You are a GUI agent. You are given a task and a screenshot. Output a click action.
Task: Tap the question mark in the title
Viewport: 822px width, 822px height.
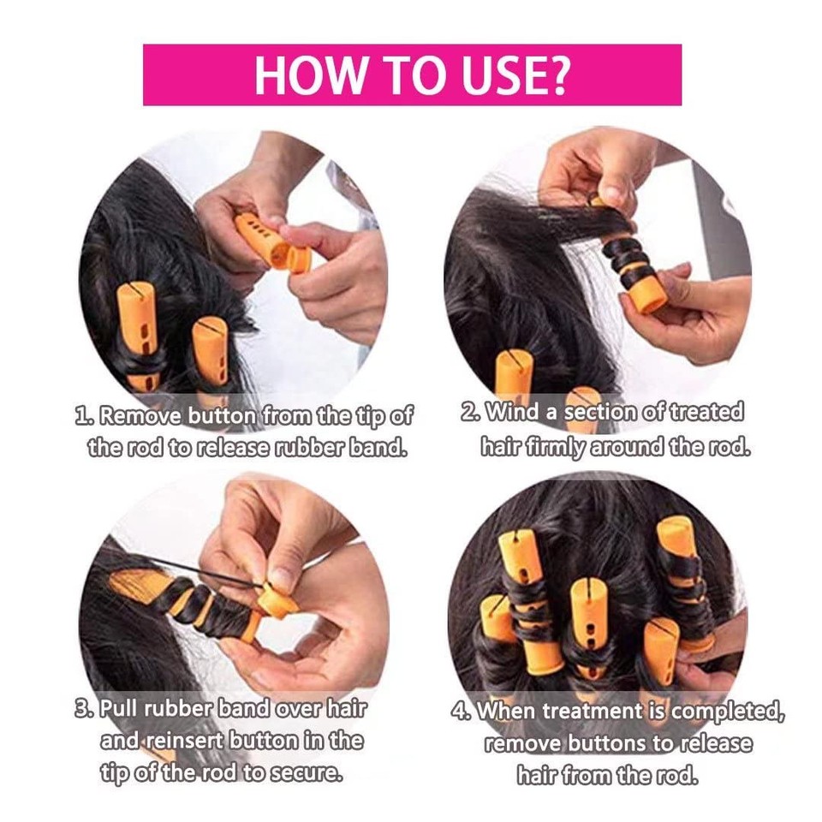pyautogui.click(x=555, y=75)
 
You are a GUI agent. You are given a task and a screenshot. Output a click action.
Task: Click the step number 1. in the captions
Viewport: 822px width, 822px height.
pyautogui.click(x=84, y=417)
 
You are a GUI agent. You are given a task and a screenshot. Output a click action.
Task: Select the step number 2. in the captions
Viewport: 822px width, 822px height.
pyautogui.click(x=470, y=412)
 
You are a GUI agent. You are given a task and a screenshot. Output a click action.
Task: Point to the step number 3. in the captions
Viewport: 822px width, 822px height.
pyautogui.click(x=84, y=709)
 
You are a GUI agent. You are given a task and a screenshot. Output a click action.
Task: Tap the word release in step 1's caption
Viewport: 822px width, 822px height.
pyautogui.click(x=231, y=448)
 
